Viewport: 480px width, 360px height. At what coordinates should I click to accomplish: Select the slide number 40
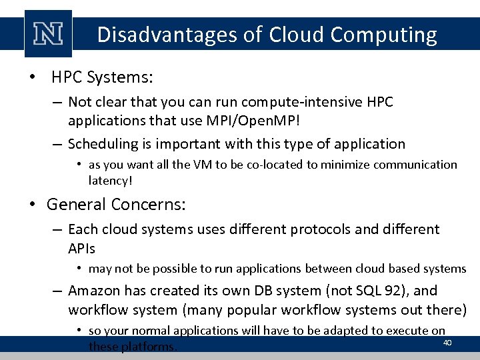tap(447, 343)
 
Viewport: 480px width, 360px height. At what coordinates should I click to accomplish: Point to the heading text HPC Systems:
tap(103, 78)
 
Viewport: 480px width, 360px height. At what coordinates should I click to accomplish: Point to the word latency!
tap(110, 180)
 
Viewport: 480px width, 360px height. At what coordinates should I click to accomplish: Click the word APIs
tap(82, 248)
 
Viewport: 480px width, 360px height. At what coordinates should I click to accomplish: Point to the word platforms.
tap(152, 346)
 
